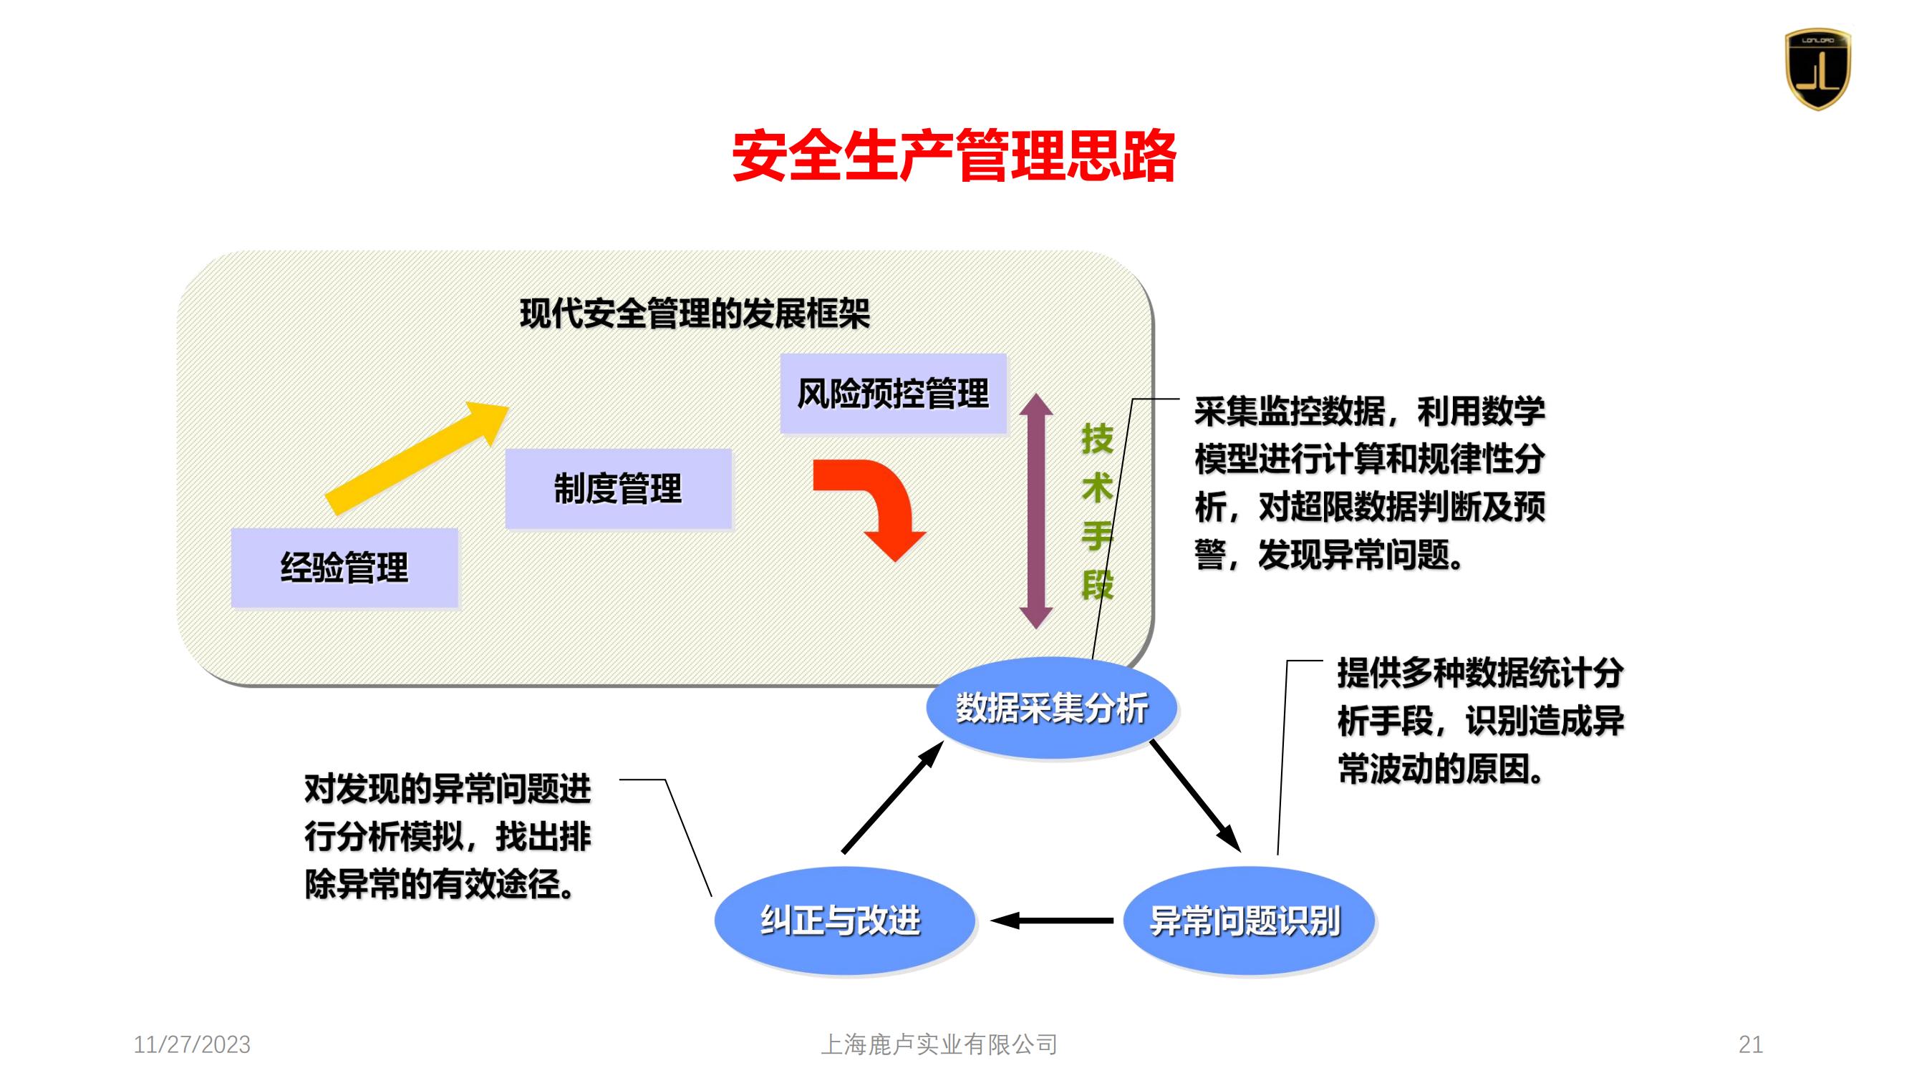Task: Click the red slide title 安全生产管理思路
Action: [954, 155]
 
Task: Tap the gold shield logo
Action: [1817, 69]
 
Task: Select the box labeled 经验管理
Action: [344, 568]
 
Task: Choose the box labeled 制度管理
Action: [618, 488]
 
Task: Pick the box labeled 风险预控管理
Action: [893, 394]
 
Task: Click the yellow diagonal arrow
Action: [417, 457]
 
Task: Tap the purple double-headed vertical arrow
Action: [1036, 511]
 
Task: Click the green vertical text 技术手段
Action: [1097, 511]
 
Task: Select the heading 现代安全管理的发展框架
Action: [695, 314]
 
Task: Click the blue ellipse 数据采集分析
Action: [1051, 708]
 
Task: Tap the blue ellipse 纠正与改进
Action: [844, 921]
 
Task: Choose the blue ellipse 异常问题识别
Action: [1249, 921]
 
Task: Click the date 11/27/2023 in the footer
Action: [192, 1045]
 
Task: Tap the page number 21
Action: [1751, 1045]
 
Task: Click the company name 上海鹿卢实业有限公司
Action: [939, 1045]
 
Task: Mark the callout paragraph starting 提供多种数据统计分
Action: [1481, 720]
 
